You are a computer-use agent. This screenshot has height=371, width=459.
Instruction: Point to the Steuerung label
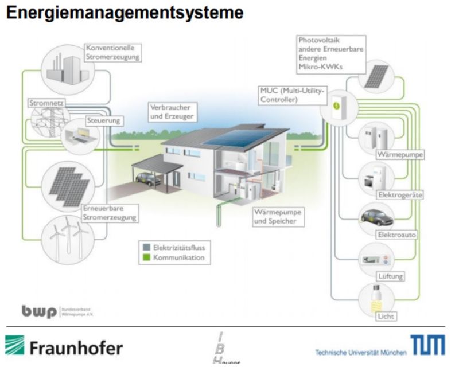tap(103, 121)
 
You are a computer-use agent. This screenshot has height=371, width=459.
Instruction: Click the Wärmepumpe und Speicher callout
tap(277, 216)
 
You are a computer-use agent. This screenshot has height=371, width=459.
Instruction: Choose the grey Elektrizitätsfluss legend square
tap(146, 248)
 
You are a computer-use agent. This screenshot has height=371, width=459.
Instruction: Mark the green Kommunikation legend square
tap(146, 258)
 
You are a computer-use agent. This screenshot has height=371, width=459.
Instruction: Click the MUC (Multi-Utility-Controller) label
tap(292, 95)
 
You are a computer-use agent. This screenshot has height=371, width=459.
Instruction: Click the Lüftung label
tap(390, 276)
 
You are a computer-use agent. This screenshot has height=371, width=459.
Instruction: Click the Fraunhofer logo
tap(64, 347)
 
